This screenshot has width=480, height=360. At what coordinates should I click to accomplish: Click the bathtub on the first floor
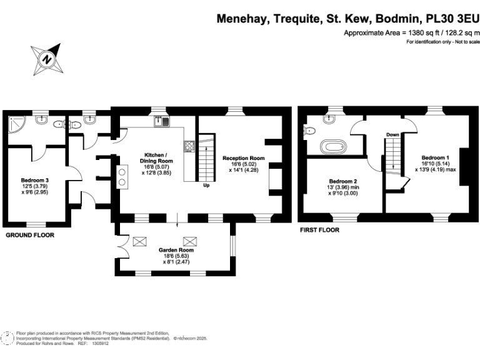(x=332, y=147)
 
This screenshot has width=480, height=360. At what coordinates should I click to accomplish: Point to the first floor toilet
(x=308, y=131)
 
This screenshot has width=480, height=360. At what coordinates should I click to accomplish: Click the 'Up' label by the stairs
(x=206, y=185)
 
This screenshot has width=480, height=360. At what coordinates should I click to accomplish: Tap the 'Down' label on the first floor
(x=392, y=134)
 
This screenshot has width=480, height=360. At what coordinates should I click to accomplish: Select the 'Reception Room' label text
(x=244, y=158)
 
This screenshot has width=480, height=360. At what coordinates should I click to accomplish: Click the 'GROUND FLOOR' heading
(x=29, y=235)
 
